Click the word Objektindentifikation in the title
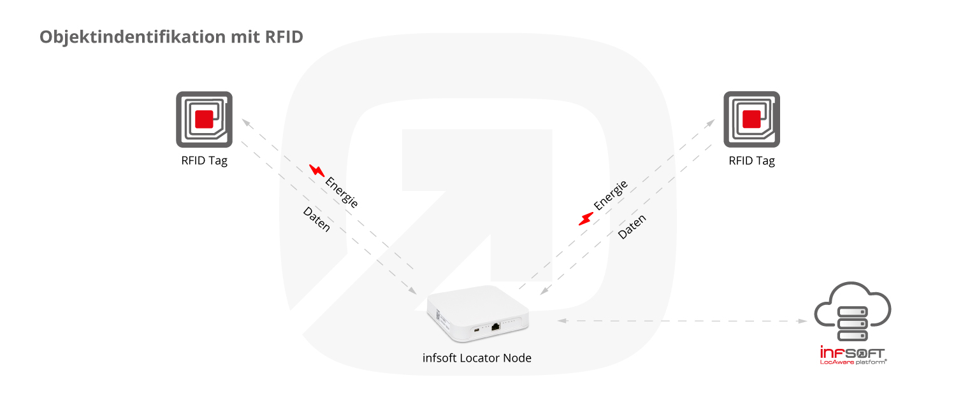click(x=133, y=37)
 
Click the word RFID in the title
click(x=284, y=37)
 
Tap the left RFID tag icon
click(x=205, y=120)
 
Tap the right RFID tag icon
click(x=751, y=120)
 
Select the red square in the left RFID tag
click(x=204, y=119)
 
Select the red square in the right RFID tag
click(x=751, y=119)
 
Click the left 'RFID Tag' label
click(x=205, y=161)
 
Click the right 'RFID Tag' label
click(x=751, y=161)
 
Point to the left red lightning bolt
click(x=317, y=171)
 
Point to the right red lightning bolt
click(x=586, y=219)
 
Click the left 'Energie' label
click(x=342, y=193)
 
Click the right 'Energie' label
click(x=611, y=195)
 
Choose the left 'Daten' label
click(x=317, y=219)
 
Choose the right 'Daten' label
click(x=632, y=227)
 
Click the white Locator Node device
click(x=477, y=313)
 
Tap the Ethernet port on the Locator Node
click(x=495, y=327)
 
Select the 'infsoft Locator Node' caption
click(x=477, y=358)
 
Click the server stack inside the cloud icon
click(x=853, y=323)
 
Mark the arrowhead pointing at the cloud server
click(x=803, y=321)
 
